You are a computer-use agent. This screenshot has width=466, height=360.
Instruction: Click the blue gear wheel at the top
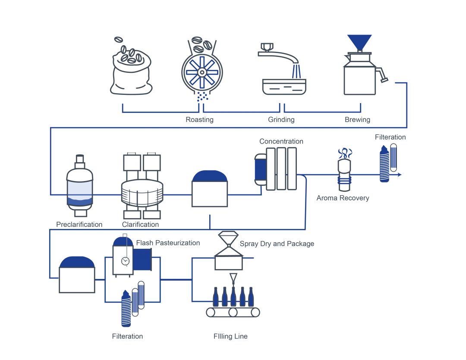[202, 72]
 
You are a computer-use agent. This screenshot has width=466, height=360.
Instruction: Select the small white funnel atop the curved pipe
[267, 47]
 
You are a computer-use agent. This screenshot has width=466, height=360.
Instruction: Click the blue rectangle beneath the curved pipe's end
[312, 72]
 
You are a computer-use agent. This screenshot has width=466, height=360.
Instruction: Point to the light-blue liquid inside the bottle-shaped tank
[80, 188]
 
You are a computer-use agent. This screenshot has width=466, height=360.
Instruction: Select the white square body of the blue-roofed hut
[210, 194]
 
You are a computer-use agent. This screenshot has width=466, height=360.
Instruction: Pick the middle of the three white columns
[281, 169]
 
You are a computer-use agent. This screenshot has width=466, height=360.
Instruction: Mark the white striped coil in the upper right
[385, 164]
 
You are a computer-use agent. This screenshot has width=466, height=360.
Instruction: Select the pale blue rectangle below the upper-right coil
[393, 184]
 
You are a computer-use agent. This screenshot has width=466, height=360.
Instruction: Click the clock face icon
[125, 261]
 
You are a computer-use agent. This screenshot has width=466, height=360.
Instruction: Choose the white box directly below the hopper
[229, 263]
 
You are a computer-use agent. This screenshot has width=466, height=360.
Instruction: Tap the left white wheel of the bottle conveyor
[211, 312]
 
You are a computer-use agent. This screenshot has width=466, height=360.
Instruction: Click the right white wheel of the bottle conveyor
[255, 312]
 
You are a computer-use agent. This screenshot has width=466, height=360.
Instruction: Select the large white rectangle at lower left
[77, 280]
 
